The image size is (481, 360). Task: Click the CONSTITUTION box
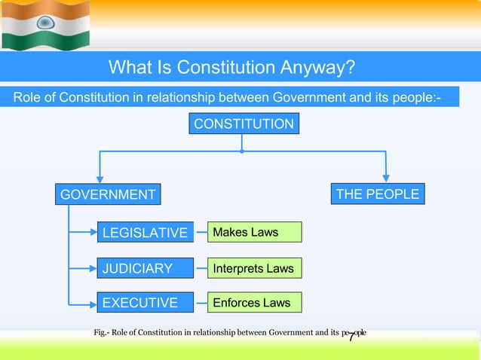point(244,124)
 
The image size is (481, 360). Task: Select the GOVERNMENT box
point(108,195)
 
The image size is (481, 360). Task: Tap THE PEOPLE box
point(378,194)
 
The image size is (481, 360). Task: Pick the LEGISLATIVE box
point(144,233)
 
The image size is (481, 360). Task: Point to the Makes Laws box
point(254,232)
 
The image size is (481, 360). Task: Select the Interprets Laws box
point(254,268)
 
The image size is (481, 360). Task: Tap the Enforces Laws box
point(254,303)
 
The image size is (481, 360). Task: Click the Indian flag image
point(45,25)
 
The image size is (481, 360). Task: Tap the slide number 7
point(351,337)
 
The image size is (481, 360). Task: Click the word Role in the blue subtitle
point(28,96)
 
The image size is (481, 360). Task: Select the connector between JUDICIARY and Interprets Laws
point(201,268)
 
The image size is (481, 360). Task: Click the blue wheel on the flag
point(44,23)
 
